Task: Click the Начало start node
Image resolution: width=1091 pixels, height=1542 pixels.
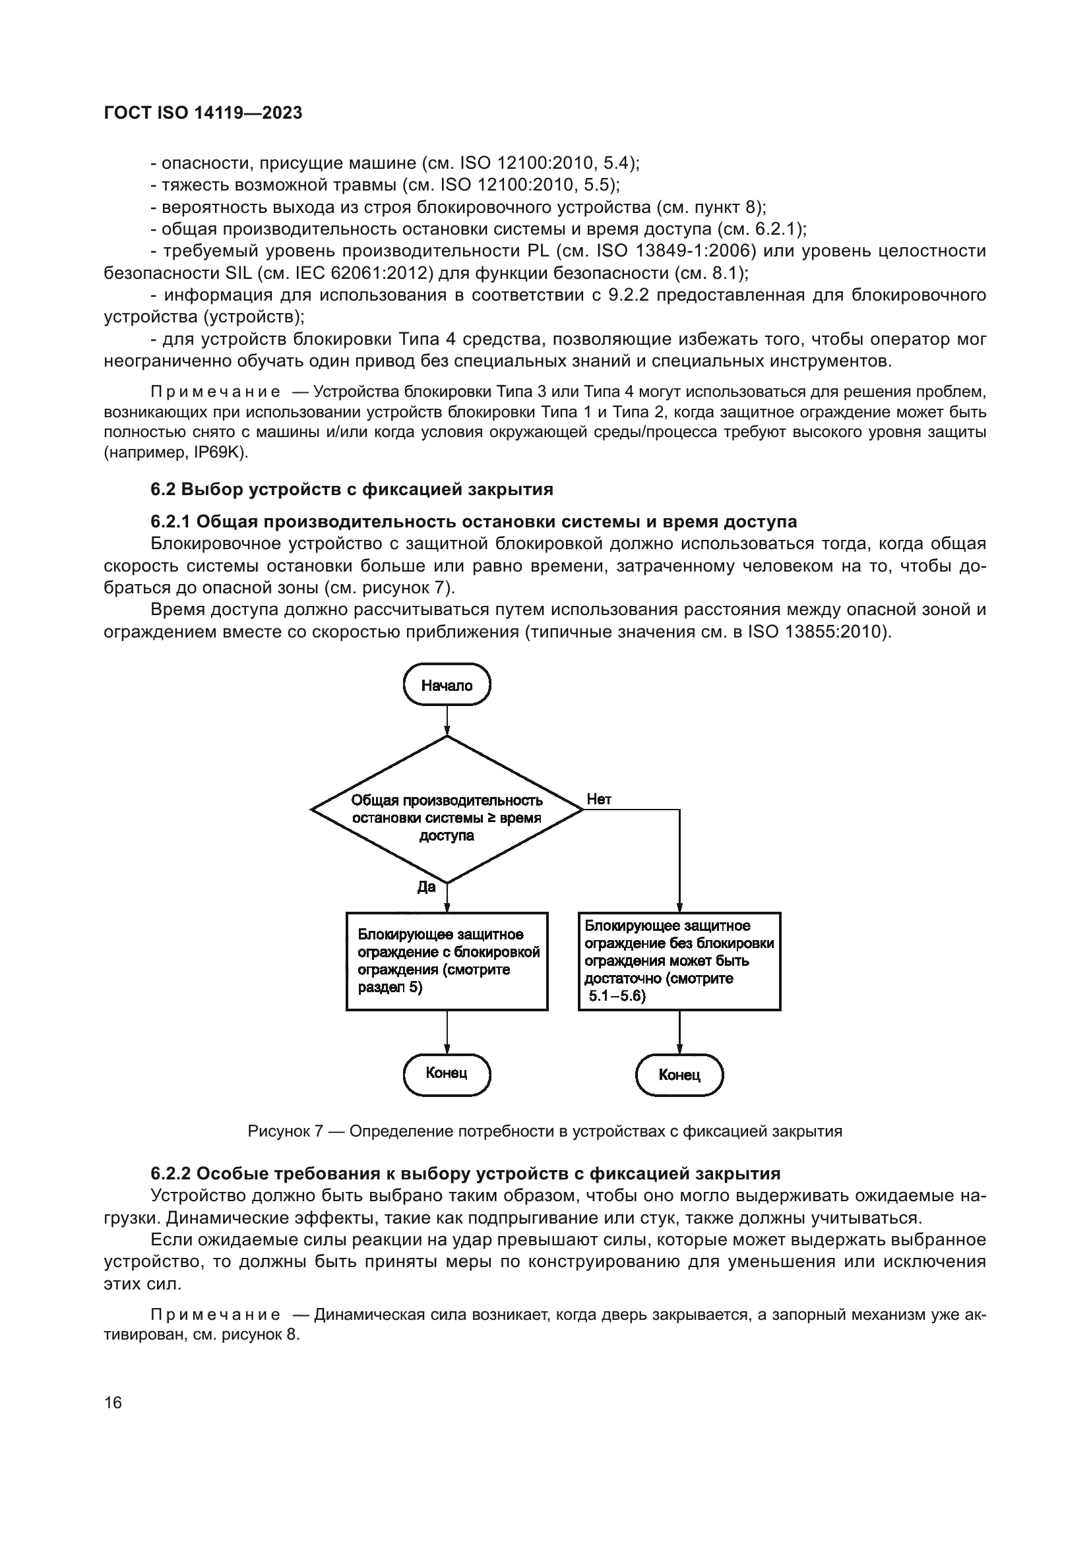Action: [447, 685]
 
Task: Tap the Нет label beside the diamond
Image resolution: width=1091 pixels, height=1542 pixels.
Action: [598, 798]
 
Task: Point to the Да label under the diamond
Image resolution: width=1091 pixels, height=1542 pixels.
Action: [427, 887]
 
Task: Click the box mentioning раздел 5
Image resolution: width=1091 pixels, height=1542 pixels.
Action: [447, 961]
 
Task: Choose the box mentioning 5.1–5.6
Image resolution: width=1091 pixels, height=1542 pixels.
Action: [679, 961]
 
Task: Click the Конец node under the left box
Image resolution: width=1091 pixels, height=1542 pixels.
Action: [447, 1073]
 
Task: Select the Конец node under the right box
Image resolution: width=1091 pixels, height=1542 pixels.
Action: [679, 1075]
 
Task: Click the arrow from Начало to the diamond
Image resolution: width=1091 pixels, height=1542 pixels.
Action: [447, 720]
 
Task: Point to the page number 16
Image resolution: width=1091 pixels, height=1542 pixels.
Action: [113, 1402]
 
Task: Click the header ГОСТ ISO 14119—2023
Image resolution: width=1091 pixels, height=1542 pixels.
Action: [203, 113]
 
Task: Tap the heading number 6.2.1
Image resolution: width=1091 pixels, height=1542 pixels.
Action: [171, 521]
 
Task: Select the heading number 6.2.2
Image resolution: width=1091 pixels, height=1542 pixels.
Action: [171, 1173]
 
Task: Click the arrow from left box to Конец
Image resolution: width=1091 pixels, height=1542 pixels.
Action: [447, 1032]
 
